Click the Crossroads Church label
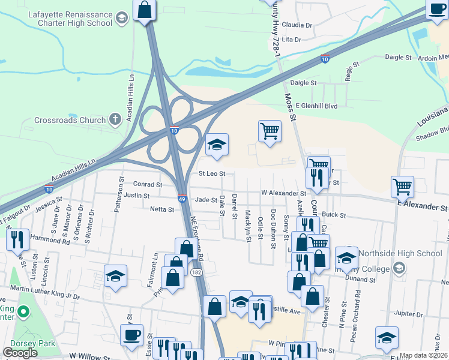(70, 120)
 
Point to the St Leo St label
(211, 173)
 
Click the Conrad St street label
(148, 184)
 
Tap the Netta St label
(162, 209)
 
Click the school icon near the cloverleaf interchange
(217, 145)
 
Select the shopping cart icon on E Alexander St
(402, 186)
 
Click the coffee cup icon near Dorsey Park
(131, 335)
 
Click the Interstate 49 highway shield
(182, 197)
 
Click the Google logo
(20, 353)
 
